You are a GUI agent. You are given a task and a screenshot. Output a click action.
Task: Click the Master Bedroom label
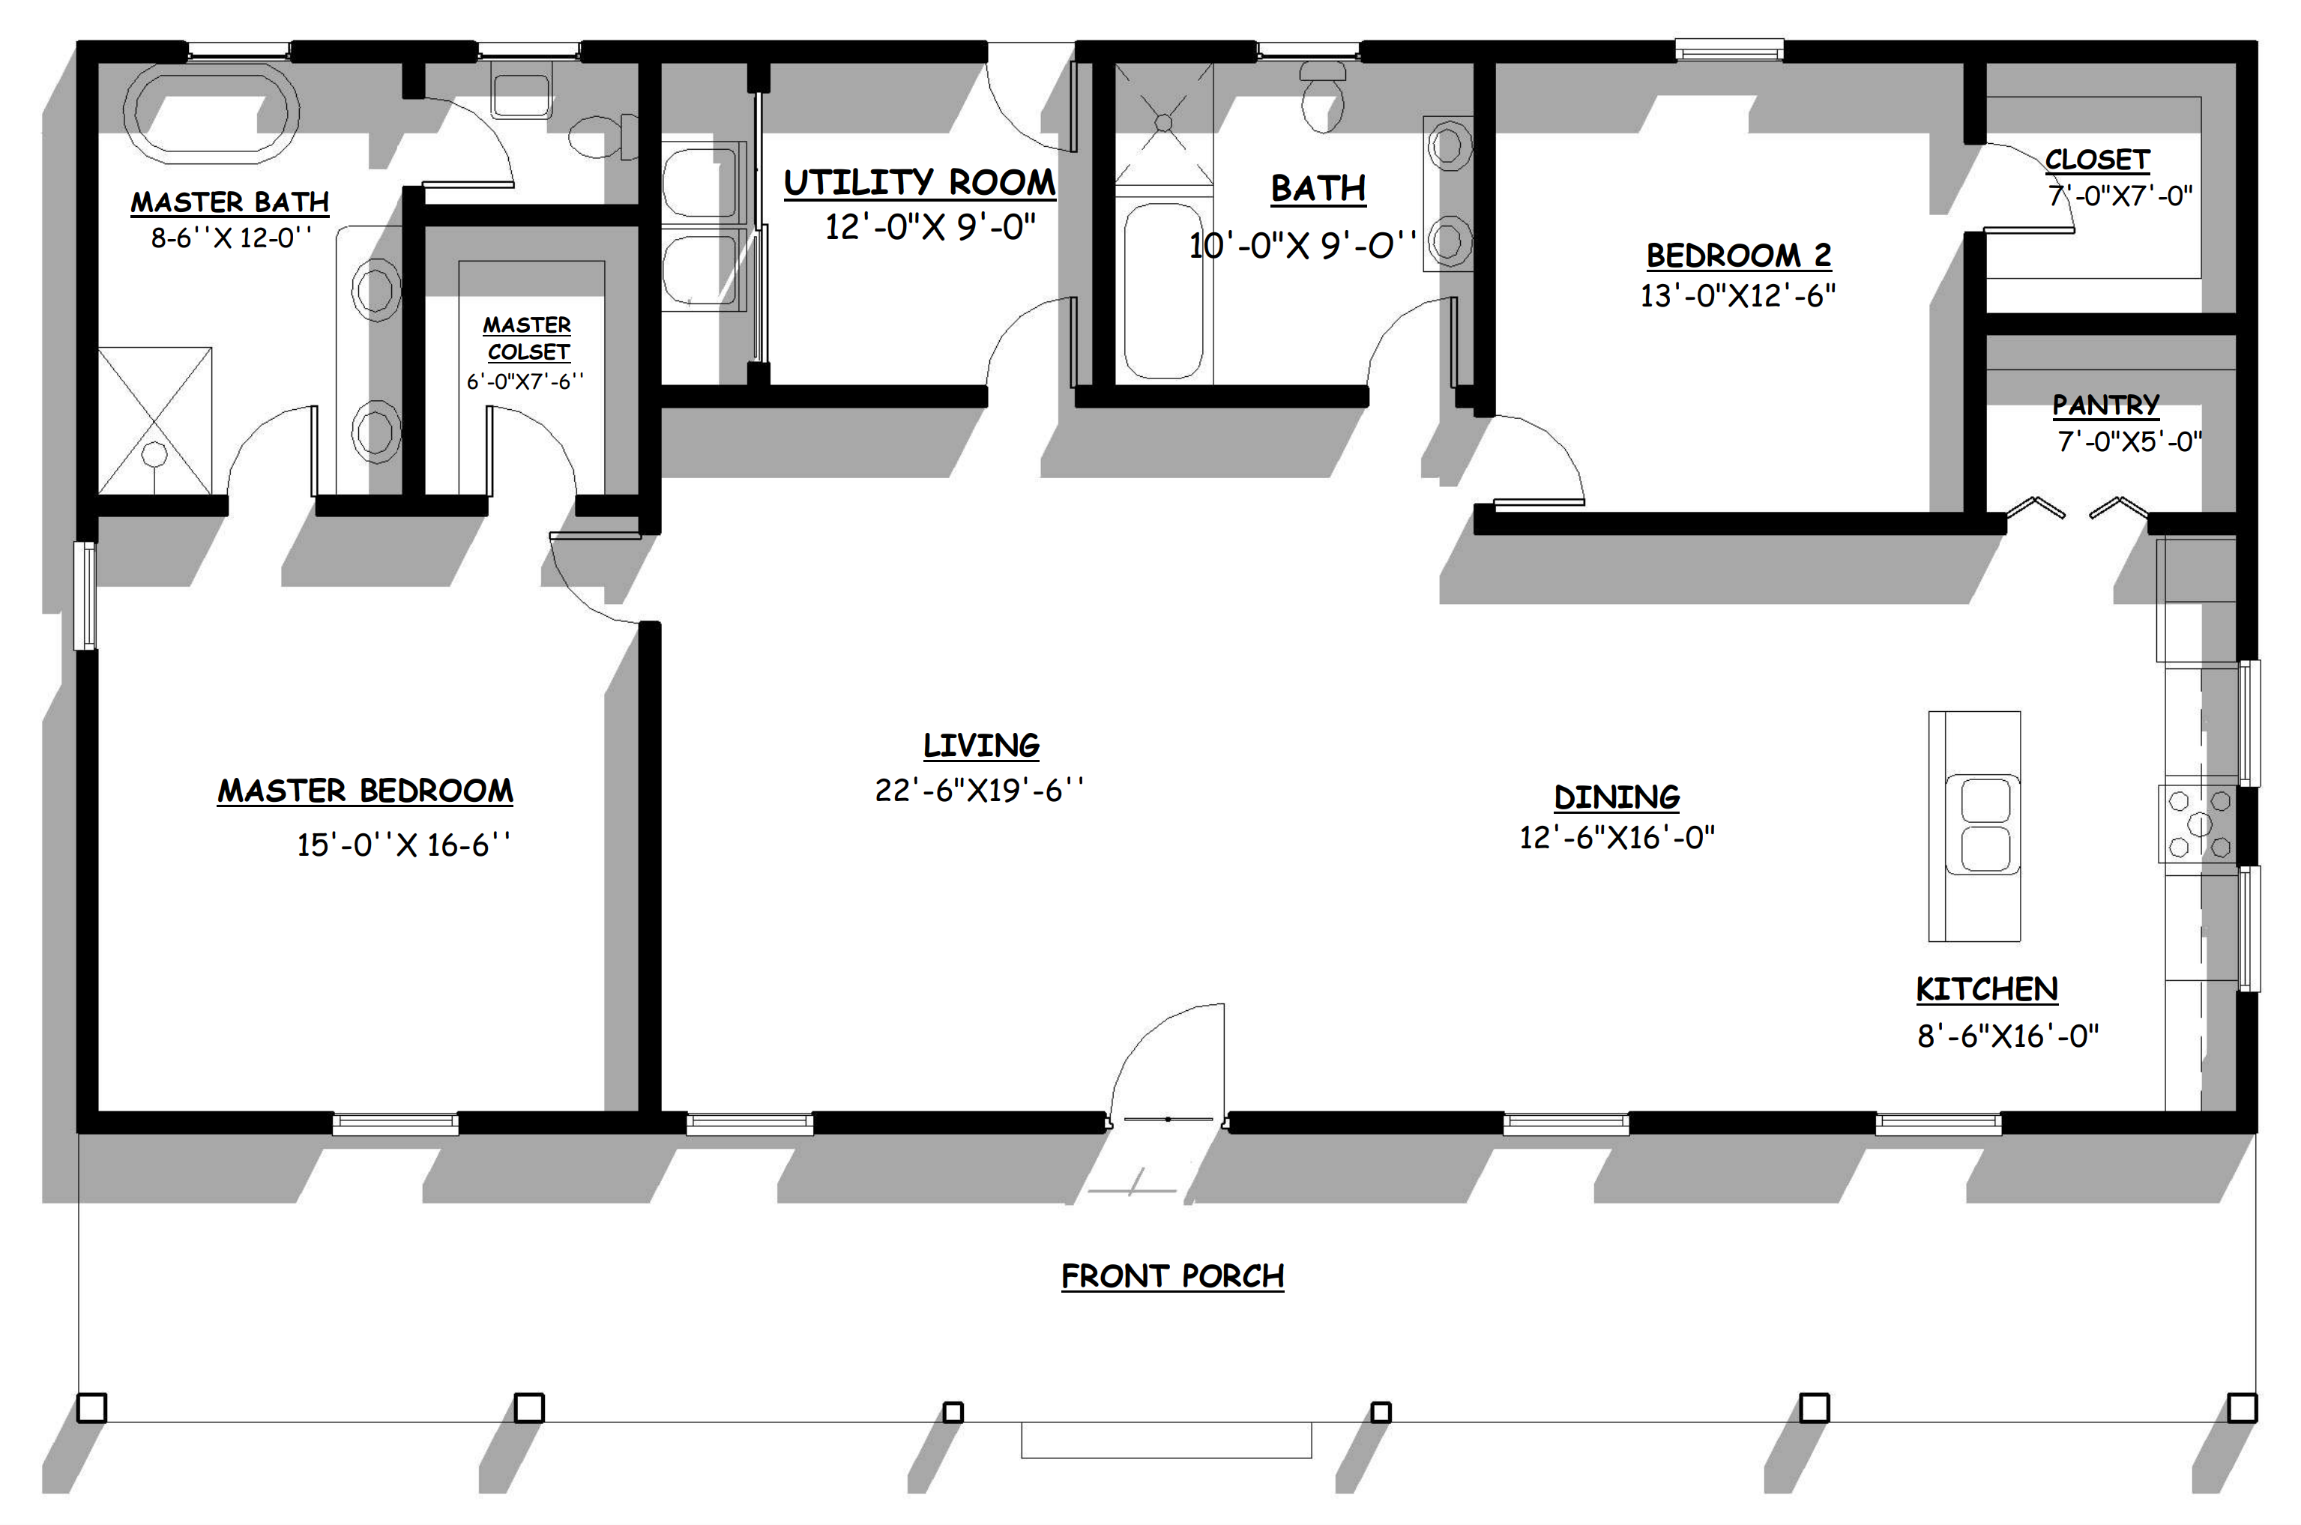(x=366, y=791)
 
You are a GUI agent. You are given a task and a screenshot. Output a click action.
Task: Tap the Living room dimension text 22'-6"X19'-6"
(x=980, y=790)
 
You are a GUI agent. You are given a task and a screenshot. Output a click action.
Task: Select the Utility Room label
(x=920, y=183)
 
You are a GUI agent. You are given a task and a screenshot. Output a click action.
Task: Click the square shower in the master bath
(x=154, y=420)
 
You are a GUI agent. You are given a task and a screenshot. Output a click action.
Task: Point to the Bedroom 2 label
(x=1739, y=256)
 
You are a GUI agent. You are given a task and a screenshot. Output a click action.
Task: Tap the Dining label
(x=1617, y=797)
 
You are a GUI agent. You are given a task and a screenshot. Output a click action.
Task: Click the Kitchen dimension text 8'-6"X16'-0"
(x=2007, y=1036)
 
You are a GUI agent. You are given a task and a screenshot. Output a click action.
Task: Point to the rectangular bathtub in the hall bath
(x=1163, y=291)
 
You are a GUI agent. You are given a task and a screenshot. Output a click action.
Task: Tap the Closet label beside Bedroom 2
(x=2097, y=160)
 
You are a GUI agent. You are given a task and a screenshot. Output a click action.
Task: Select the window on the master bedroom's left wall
(x=86, y=595)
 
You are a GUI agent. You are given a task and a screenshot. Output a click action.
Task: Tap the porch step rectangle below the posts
(x=1166, y=1440)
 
